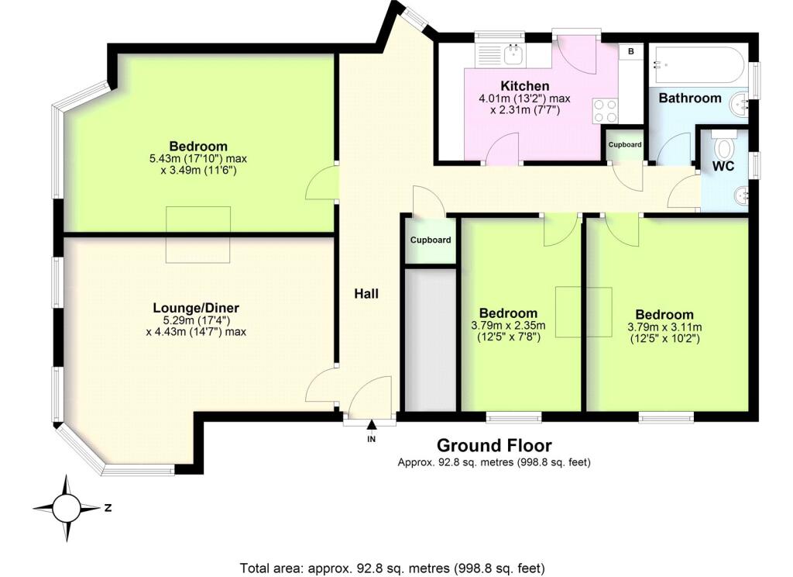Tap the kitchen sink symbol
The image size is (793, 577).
[x=512, y=54]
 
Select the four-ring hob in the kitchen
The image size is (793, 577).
[x=605, y=111]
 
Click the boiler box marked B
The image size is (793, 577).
[x=631, y=51]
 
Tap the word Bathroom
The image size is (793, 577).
[x=690, y=98]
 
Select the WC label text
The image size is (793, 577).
[x=724, y=166]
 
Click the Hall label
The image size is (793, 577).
[x=366, y=293]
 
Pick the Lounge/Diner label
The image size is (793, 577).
[x=195, y=307]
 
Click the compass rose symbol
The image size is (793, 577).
[x=67, y=509]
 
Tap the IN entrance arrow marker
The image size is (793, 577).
[x=371, y=425]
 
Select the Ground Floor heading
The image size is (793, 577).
[x=494, y=446]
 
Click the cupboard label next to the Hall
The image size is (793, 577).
[x=431, y=240]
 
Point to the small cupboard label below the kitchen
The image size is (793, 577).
[x=624, y=145]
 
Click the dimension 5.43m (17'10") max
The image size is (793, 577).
[x=198, y=159]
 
